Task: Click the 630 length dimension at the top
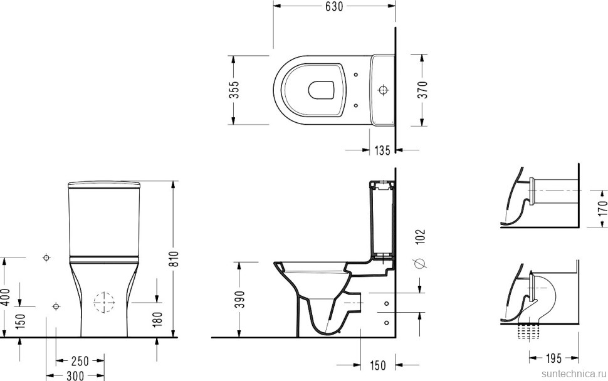334,6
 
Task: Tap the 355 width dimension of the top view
234,90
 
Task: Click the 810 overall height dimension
174,259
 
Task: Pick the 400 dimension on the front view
5,296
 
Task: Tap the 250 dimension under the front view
80,361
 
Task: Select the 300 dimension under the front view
75,375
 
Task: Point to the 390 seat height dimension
241,299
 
